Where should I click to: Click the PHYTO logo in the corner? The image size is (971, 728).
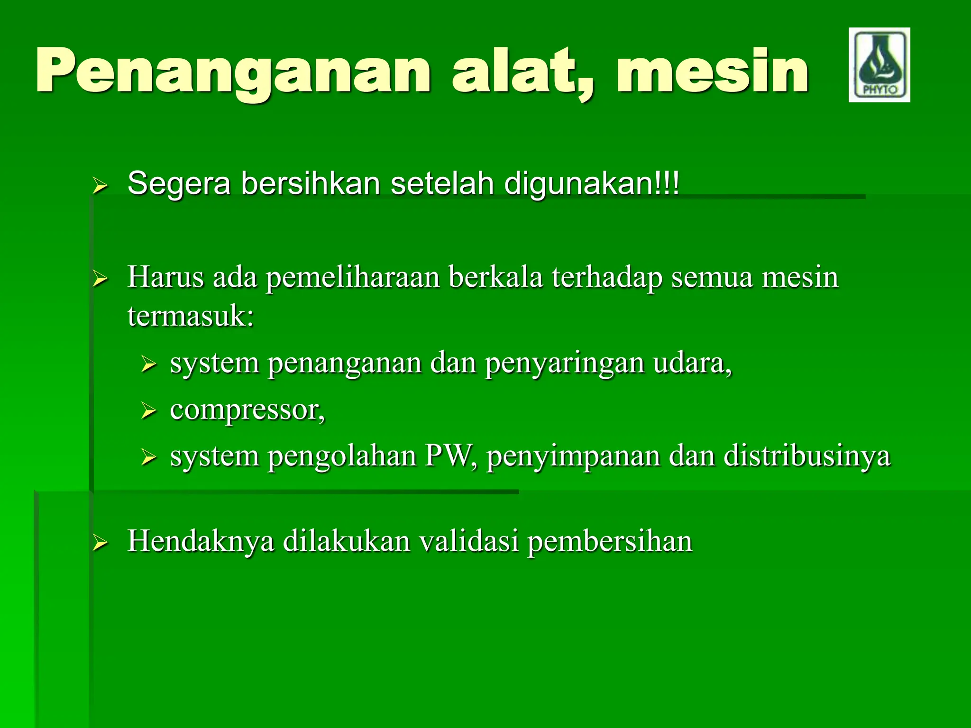[879, 65]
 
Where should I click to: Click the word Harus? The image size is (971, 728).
[165, 277]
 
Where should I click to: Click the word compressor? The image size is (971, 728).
[247, 410]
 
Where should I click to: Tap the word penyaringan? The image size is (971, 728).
[564, 364]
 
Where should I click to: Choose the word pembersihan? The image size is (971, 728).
[609, 541]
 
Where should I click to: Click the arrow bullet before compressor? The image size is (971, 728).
[148, 411]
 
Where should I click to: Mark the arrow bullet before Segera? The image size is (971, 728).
[100, 186]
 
